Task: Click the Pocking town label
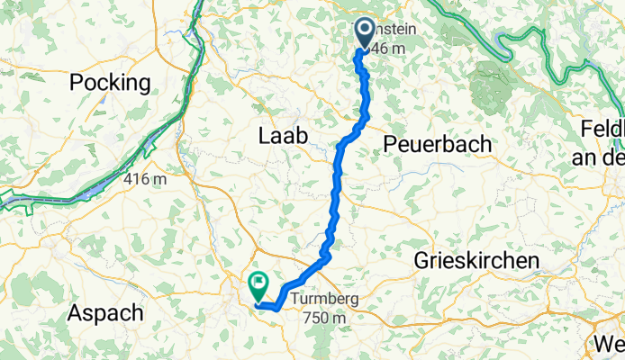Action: pyautogui.click(x=111, y=84)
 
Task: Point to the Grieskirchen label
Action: pyautogui.click(x=476, y=261)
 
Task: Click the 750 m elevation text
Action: pyautogui.click(x=325, y=318)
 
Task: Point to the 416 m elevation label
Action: pyautogui.click(x=146, y=180)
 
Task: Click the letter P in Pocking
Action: pyautogui.click(x=78, y=84)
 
